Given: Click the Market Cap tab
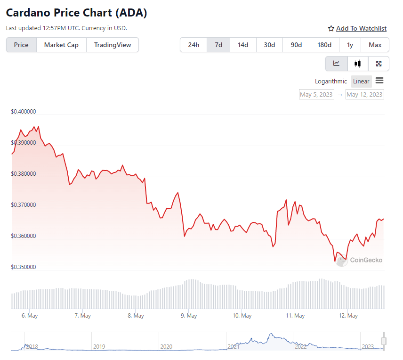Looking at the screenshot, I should pyautogui.click(x=61, y=45).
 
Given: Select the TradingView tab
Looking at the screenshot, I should pyautogui.click(x=113, y=45).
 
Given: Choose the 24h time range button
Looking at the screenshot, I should pyautogui.click(x=193, y=45).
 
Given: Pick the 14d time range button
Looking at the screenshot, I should pyautogui.click(x=243, y=45).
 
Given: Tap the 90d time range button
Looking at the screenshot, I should pyautogui.click(x=296, y=45).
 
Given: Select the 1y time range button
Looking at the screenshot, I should pyautogui.click(x=350, y=45).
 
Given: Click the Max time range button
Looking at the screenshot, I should pyautogui.click(x=375, y=45).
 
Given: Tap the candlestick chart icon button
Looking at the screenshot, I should pyautogui.click(x=358, y=64).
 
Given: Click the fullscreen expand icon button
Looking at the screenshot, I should pyautogui.click(x=379, y=64).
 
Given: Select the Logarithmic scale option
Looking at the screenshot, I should pyautogui.click(x=331, y=82).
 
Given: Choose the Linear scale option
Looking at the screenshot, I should pyautogui.click(x=361, y=82).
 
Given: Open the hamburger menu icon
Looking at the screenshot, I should pyautogui.click(x=379, y=81).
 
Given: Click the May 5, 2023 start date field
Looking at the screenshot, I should pyautogui.click(x=316, y=95).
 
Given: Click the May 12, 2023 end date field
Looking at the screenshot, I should pyautogui.click(x=364, y=95).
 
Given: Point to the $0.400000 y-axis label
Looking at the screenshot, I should pyautogui.click(x=24, y=112).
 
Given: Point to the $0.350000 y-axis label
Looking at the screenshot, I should pyautogui.click(x=24, y=267).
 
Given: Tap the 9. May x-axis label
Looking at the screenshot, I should pyautogui.click(x=189, y=316).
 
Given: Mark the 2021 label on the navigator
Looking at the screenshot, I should pyautogui.click(x=234, y=347).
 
